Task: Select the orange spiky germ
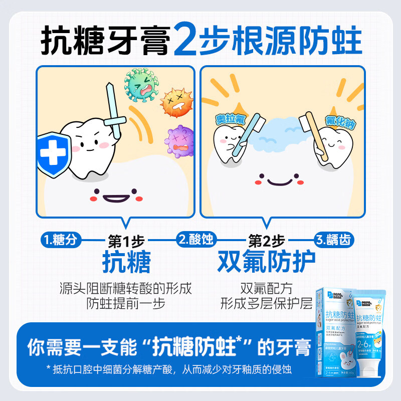pyautogui.click(x=176, y=101)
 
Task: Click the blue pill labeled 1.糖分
pyautogui.click(x=60, y=240)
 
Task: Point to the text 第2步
pyautogui.click(x=266, y=241)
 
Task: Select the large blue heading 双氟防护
pyautogui.click(x=266, y=261)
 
